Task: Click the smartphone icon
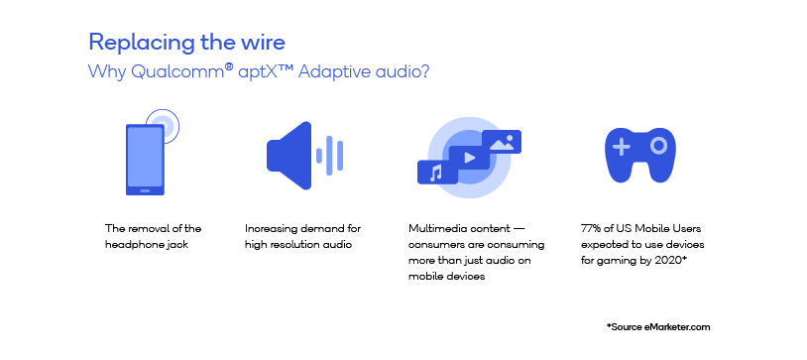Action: click(145, 159)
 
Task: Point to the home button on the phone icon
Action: click(145, 187)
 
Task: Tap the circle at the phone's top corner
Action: click(163, 126)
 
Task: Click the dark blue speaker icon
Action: click(288, 156)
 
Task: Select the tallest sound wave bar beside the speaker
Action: click(330, 156)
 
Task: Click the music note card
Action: click(437, 173)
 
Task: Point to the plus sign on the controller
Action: click(622, 148)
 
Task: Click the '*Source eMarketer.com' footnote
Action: click(657, 326)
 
